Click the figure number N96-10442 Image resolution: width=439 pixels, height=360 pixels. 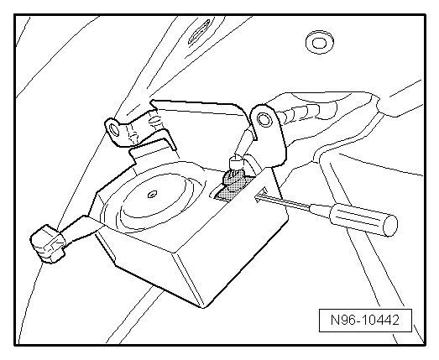[x=365, y=320]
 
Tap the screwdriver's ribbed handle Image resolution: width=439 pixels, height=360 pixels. [x=363, y=219]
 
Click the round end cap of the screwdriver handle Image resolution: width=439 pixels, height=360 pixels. [x=391, y=226]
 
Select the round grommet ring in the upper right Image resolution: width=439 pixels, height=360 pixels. [x=320, y=43]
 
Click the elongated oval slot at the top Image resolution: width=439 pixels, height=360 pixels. [x=199, y=31]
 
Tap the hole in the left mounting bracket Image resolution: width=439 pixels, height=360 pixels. [x=114, y=129]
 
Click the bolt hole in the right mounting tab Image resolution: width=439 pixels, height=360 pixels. [x=264, y=119]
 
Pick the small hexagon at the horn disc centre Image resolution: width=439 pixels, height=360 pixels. [x=152, y=194]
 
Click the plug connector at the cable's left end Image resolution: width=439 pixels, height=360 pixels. [x=48, y=244]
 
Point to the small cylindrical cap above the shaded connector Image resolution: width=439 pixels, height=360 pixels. [x=237, y=163]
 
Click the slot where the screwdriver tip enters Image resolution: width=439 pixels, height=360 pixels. [x=259, y=196]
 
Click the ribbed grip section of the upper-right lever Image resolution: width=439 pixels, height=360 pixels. [x=302, y=111]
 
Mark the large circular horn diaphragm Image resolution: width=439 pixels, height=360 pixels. [x=154, y=201]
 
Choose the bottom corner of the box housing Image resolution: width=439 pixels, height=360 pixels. [x=204, y=307]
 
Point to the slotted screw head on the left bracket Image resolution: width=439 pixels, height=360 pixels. [x=154, y=121]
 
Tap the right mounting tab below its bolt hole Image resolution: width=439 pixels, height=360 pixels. [x=273, y=145]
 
